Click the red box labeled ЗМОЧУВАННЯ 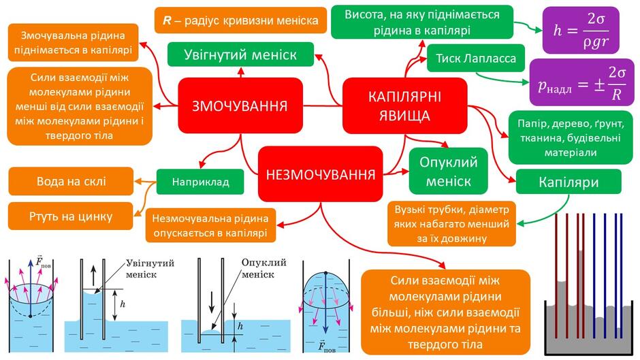click(x=240, y=105)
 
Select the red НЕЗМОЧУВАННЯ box click(x=321, y=174)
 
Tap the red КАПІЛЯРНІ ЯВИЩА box click(x=405, y=105)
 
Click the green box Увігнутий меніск click(x=240, y=54)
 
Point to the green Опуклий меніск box click(x=448, y=171)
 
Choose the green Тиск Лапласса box click(x=475, y=58)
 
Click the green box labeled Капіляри click(x=569, y=182)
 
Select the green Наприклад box click(x=200, y=182)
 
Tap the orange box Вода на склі click(x=71, y=181)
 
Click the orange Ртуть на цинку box click(x=71, y=216)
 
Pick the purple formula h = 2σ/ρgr click(x=581, y=30)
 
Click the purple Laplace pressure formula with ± click(x=581, y=82)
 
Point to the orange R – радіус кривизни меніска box click(x=240, y=20)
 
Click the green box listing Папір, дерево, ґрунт click(x=571, y=137)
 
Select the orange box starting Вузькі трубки click(x=451, y=224)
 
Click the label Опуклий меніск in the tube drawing click(x=263, y=268)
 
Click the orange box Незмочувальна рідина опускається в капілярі click(x=210, y=225)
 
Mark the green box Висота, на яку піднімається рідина click(x=422, y=22)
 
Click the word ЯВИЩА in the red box click(x=404, y=116)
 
